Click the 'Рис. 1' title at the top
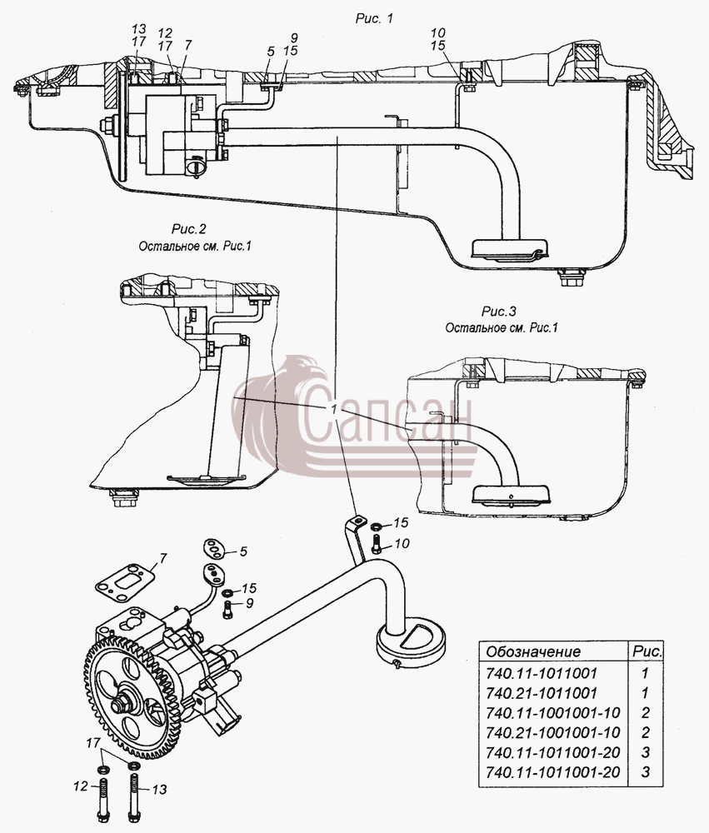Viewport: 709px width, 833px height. (374, 18)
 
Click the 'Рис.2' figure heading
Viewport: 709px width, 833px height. (188, 230)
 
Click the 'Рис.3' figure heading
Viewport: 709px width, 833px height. (498, 311)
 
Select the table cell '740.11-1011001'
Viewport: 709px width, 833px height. (541, 673)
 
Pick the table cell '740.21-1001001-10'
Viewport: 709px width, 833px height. (552, 732)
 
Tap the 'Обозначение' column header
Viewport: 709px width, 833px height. (533, 652)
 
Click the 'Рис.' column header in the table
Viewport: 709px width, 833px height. (647, 651)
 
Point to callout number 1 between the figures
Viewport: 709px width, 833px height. (334, 409)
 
